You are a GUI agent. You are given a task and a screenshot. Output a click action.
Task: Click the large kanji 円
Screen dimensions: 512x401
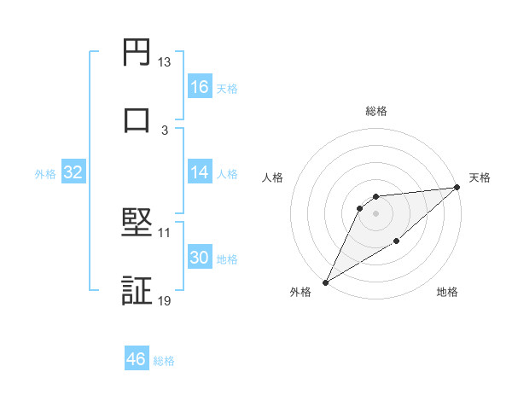tap(137, 52)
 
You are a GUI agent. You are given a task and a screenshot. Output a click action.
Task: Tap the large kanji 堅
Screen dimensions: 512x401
tap(137, 223)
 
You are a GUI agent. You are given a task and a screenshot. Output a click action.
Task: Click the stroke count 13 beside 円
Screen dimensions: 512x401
tap(164, 62)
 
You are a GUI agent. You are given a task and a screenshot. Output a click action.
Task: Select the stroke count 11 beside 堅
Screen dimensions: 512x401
tap(164, 232)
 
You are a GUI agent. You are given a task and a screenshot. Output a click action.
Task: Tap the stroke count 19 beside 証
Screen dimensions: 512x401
tap(164, 300)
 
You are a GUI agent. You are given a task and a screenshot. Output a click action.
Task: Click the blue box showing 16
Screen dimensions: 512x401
tap(200, 87)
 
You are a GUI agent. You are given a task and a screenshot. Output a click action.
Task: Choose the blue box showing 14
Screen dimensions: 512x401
tap(200, 172)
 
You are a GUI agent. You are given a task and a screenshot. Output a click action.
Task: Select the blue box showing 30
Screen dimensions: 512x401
tap(200, 258)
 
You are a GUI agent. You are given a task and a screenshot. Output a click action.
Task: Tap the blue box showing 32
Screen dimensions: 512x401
tap(73, 172)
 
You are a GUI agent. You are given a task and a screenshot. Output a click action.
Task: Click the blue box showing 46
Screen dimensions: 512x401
tap(137, 359)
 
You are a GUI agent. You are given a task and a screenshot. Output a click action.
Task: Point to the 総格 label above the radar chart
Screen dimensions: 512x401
tap(375, 111)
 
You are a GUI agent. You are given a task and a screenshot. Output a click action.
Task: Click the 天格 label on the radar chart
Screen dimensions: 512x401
tap(480, 177)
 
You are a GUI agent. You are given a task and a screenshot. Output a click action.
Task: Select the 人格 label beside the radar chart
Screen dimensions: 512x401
tap(273, 177)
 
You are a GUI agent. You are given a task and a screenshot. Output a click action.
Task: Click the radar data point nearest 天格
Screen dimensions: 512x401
tap(457, 188)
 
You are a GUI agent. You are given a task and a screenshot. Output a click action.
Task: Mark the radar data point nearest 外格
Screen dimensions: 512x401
tap(325, 282)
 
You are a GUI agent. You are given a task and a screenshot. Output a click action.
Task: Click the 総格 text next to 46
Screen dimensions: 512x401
tap(164, 361)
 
